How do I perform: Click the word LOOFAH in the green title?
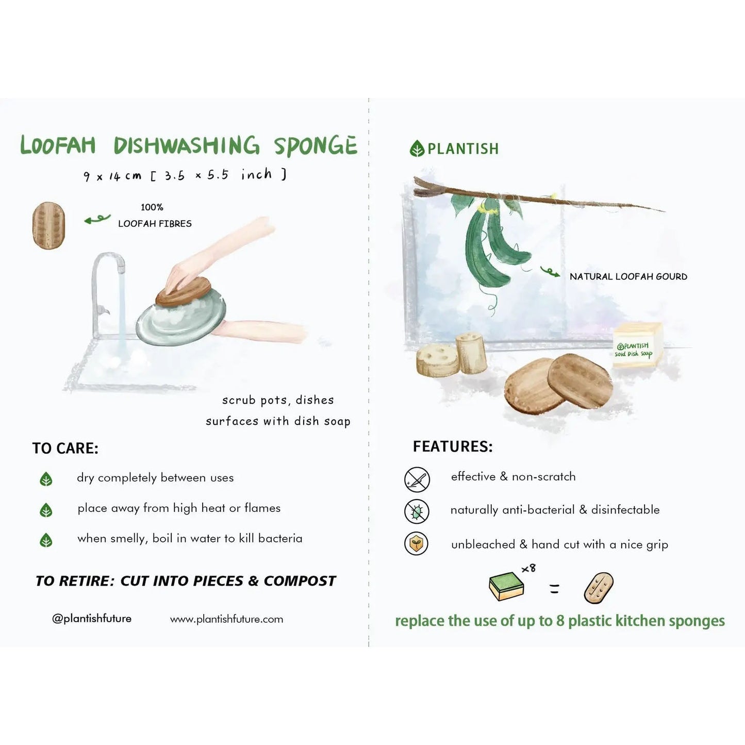[58, 145]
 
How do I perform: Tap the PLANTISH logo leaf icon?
[417, 149]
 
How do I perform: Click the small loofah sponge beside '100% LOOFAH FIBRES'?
[49, 225]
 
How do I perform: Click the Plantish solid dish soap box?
[637, 345]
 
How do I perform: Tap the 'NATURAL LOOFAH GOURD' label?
[628, 276]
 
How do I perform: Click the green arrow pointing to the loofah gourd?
[550, 272]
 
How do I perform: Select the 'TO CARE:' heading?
[65, 448]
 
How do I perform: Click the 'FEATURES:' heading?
[453, 446]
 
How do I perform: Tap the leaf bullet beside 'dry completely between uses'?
[46, 479]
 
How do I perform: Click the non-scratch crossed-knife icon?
[417, 479]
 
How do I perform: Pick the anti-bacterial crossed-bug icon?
[417, 511]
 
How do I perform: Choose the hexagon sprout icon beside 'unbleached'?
[417, 544]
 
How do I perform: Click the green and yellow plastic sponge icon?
[506, 587]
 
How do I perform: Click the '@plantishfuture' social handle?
[92, 618]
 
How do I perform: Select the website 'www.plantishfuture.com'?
[226, 619]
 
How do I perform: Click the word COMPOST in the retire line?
[300, 581]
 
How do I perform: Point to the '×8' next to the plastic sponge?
[528, 568]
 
